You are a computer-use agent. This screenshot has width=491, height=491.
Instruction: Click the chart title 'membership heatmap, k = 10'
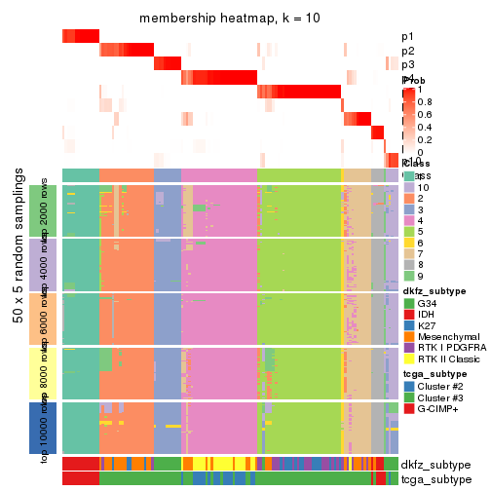coord(230,19)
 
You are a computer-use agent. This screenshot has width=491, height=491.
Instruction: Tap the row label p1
coord(407,37)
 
